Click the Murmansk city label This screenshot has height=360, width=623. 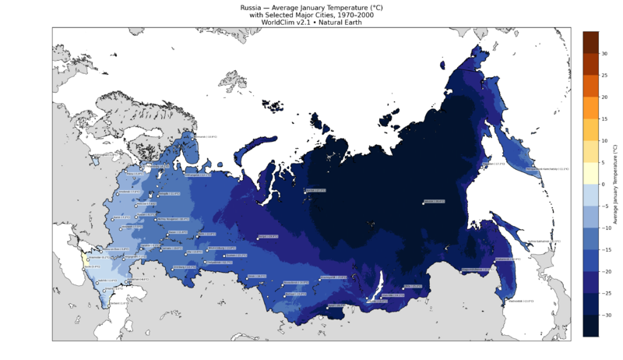pyautogui.click(x=203, y=137)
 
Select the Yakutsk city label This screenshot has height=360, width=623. pyautogui.click(x=435, y=201)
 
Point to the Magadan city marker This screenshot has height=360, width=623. pyautogui.click(x=483, y=164)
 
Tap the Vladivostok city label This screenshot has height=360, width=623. pyautogui.click(x=519, y=301)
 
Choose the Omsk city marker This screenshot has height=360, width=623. pyautogui.click(x=248, y=277)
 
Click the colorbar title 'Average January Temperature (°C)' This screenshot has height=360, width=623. pyautogui.click(x=615, y=185)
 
